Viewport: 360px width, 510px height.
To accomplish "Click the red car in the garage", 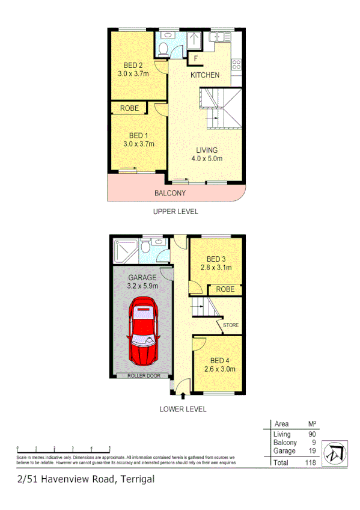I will pos(144,334).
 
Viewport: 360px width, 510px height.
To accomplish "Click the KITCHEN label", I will pos(205,75).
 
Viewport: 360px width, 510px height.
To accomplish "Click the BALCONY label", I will pos(169,193).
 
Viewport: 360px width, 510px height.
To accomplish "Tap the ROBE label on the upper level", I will pos(130,108).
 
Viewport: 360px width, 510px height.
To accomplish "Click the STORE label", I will pos(231,325).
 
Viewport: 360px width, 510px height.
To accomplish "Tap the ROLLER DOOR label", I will pos(141,376).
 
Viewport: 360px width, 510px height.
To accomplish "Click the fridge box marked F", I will pos(195,58).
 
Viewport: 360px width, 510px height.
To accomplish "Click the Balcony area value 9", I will pos(312,443).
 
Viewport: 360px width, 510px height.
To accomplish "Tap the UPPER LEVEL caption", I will pos(175,212).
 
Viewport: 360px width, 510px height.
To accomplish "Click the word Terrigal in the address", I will pos(137,479).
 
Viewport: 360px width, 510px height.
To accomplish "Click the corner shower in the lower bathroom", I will pos(124,250).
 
